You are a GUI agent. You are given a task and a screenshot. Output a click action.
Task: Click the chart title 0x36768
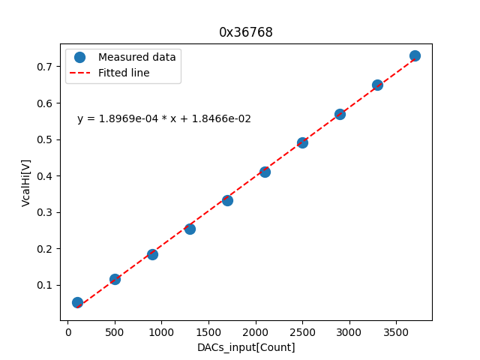click(246, 32)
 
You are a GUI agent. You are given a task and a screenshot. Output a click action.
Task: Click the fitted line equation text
click(164, 118)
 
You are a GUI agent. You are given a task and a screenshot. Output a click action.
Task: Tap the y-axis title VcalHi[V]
click(26, 182)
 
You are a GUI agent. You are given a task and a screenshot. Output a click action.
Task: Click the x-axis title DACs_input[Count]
click(246, 347)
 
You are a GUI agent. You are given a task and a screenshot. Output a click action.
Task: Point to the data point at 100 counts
click(77, 302)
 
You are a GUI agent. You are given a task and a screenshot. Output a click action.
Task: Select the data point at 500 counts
click(115, 279)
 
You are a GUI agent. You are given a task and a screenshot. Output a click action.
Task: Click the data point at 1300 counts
click(190, 229)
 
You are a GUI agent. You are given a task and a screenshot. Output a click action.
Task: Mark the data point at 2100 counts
click(265, 172)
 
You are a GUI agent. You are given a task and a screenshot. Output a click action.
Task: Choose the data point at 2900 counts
click(340, 114)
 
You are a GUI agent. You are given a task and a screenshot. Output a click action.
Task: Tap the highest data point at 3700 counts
click(415, 55)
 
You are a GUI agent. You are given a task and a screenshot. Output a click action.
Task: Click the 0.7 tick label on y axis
click(46, 67)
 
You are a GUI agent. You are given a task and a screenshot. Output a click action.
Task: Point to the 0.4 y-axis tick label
click(46, 176)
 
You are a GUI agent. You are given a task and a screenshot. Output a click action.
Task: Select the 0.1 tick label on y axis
click(46, 285)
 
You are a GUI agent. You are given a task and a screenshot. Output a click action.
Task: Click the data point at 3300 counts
click(377, 85)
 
